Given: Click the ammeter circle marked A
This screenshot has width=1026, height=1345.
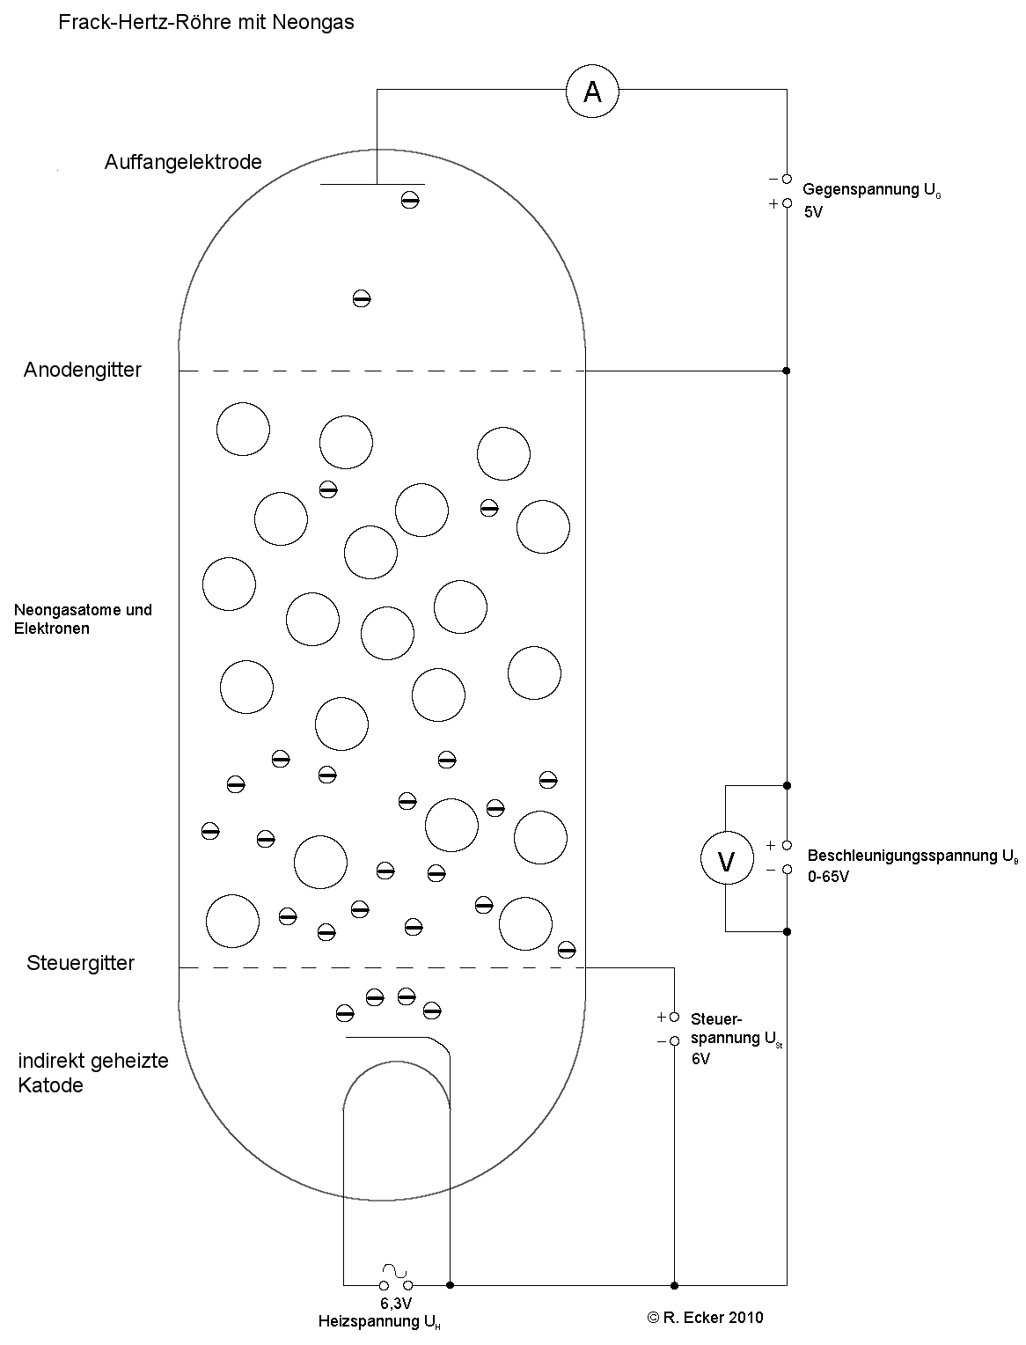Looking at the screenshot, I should pyautogui.click(x=592, y=91).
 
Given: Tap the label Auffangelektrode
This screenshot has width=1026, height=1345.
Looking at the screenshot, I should pyautogui.click(x=183, y=162).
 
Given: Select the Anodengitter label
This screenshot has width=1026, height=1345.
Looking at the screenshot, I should pyautogui.click(x=83, y=370).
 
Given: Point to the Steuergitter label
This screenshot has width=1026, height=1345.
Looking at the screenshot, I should pyautogui.click(x=81, y=963).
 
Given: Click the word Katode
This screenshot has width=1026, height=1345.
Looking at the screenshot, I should pyautogui.click(x=50, y=1085).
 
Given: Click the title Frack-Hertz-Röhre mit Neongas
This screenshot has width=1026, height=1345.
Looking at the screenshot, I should pyautogui.click(x=207, y=23).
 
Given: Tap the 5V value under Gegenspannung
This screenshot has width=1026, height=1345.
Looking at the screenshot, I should pyautogui.click(x=813, y=212).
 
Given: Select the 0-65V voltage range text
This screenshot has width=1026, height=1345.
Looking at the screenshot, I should pyautogui.click(x=828, y=877).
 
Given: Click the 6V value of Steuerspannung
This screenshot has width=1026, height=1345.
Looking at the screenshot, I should pyautogui.click(x=700, y=1059).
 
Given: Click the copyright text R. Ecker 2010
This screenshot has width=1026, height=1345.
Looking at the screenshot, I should pyautogui.click(x=705, y=1318).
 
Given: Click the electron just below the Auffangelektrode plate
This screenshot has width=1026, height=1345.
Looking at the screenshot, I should pyautogui.click(x=410, y=200).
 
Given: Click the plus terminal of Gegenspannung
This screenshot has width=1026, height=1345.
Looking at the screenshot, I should pyautogui.click(x=787, y=203).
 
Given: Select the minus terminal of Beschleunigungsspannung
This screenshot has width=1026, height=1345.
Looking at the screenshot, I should pyautogui.click(x=787, y=870).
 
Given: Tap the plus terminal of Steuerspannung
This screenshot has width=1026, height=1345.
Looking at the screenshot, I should pyautogui.click(x=674, y=1017).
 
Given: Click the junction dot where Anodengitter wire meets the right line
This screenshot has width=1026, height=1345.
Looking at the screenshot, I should pyautogui.click(x=787, y=371).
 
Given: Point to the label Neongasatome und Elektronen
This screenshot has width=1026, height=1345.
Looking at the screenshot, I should pyautogui.click(x=83, y=619).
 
